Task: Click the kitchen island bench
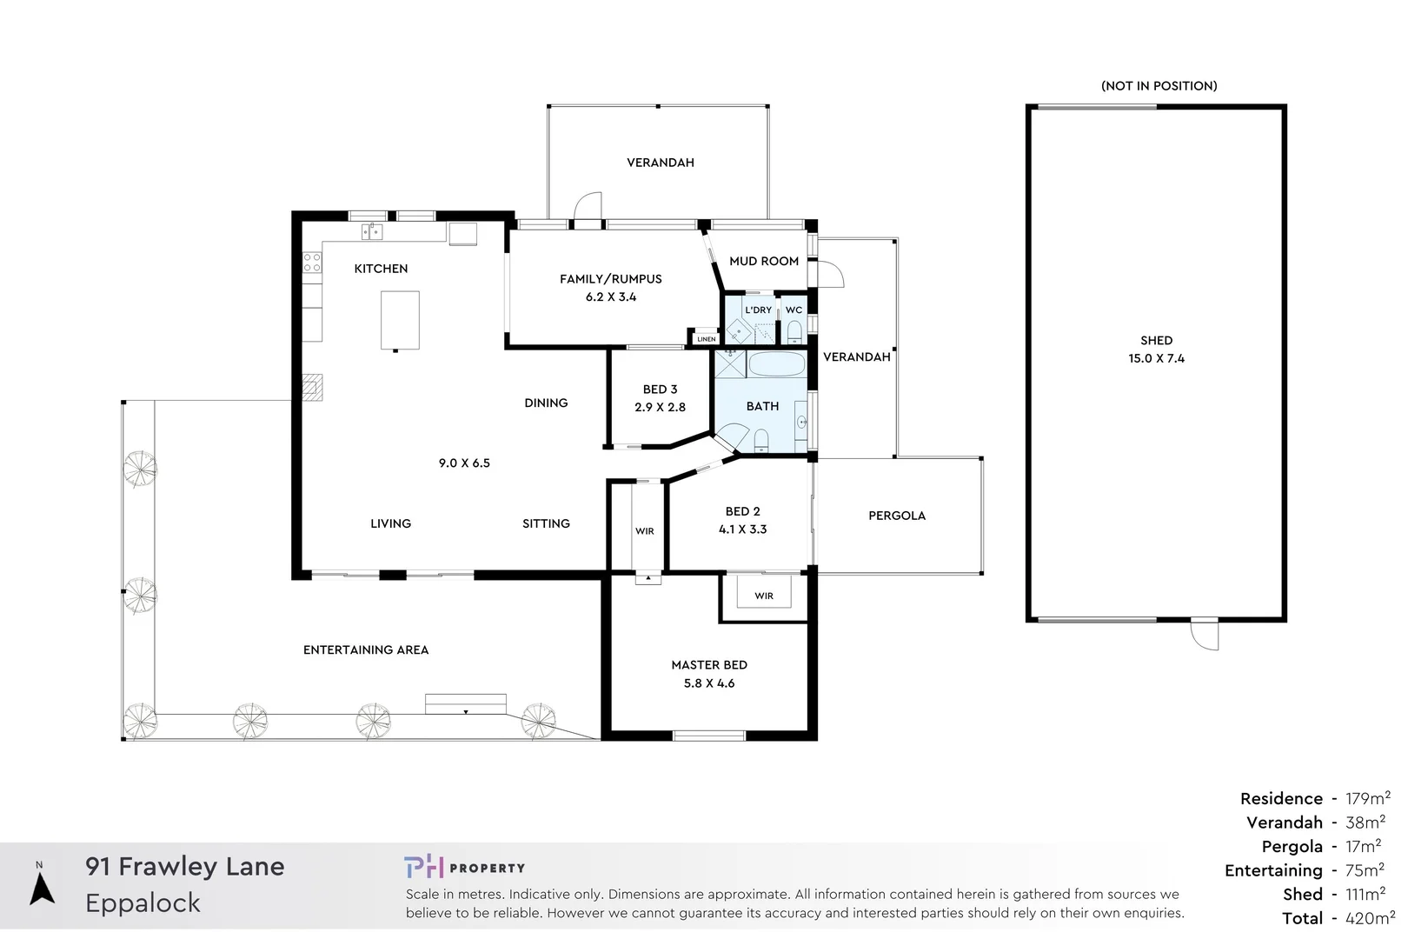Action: pyautogui.click(x=400, y=320)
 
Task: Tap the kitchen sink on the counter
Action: pyautogui.click(x=372, y=231)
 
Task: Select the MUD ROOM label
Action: pyautogui.click(x=763, y=261)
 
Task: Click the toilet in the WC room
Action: pyautogui.click(x=794, y=331)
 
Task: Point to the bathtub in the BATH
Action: pyautogui.click(x=776, y=363)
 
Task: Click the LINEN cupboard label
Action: pyautogui.click(x=706, y=339)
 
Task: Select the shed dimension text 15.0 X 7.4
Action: pyautogui.click(x=1156, y=358)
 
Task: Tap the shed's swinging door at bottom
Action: pyautogui.click(x=1205, y=635)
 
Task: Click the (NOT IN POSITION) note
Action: pyautogui.click(x=1159, y=85)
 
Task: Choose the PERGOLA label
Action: pyautogui.click(x=896, y=516)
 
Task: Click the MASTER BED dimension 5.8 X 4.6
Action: pyautogui.click(x=708, y=683)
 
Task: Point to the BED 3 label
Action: pyautogui.click(x=660, y=389)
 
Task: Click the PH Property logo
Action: pyautogui.click(x=464, y=867)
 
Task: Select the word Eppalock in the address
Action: pyautogui.click(x=143, y=903)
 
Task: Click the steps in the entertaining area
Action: pyautogui.click(x=465, y=703)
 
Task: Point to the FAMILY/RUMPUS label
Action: pyautogui.click(x=610, y=278)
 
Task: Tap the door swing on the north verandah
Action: pyautogui.click(x=588, y=207)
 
